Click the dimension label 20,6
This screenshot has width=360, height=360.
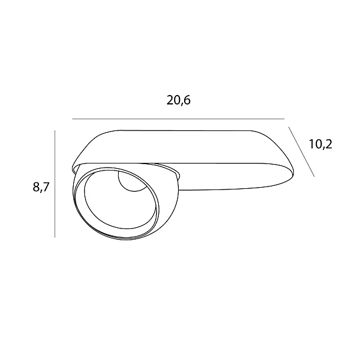179,100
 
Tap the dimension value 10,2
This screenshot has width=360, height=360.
320,145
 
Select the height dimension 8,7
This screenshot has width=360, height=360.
41,187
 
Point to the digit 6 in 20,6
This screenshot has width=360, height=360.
187,100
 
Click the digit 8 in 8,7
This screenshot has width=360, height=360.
36,187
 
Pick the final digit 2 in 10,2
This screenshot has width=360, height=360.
329,145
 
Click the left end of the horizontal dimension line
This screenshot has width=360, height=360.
73,119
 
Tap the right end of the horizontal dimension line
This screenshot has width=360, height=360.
284,119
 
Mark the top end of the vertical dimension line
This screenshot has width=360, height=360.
55,130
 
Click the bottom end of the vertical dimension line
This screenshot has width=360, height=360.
55,237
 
